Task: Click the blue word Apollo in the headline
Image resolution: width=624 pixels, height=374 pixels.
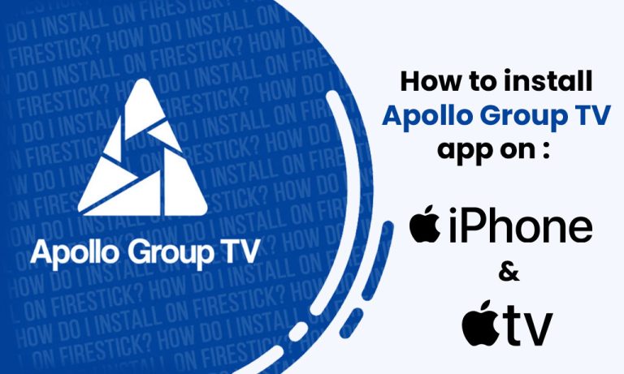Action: click(422, 116)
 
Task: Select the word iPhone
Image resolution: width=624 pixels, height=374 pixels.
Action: click(521, 226)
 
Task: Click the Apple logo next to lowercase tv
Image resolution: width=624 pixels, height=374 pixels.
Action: click(482, 323)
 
